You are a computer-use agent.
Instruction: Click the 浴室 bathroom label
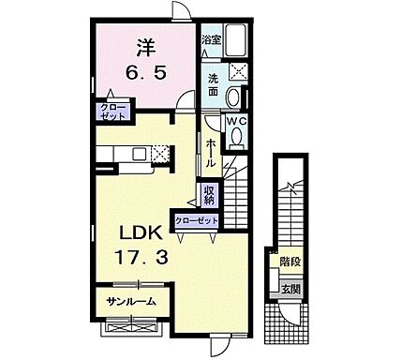(212, 40)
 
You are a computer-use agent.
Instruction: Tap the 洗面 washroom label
(213, 86)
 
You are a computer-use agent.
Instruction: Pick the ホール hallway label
(211, 150)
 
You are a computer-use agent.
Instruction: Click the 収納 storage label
(211, 194)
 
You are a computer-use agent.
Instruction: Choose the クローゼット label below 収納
(196, 219)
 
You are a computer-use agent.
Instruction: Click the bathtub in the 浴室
(236, 40)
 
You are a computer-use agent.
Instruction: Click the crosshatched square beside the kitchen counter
(162, 154)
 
